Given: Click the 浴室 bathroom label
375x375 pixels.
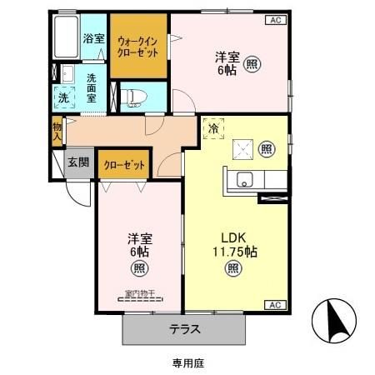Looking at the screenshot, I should (94, 38).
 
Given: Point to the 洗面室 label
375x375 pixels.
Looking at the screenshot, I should (92, 87).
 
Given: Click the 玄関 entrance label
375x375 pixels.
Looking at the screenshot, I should (79, 162).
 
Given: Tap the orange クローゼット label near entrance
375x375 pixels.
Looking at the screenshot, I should (124, 165).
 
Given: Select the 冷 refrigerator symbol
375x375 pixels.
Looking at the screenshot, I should (214, 129).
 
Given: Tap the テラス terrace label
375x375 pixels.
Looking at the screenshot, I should (185, 328).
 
